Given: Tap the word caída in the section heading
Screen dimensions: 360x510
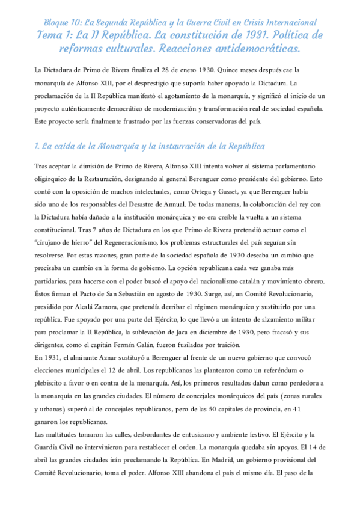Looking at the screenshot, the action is pos(66,147).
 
